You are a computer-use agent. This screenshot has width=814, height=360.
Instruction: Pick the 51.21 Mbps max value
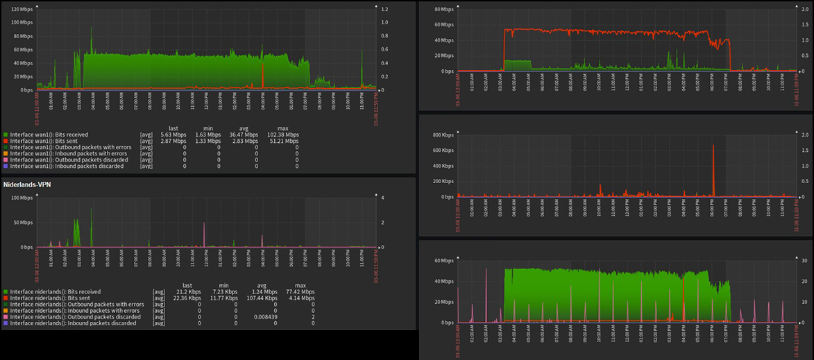[285, 141]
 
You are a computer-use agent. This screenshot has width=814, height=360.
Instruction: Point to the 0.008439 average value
[264, 317]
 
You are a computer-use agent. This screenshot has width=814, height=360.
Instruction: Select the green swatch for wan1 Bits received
[6, 135]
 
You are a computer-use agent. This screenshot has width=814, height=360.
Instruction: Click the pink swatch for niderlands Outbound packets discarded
[6, 317]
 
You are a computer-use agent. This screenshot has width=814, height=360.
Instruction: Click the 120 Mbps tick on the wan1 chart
[22, 10]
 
